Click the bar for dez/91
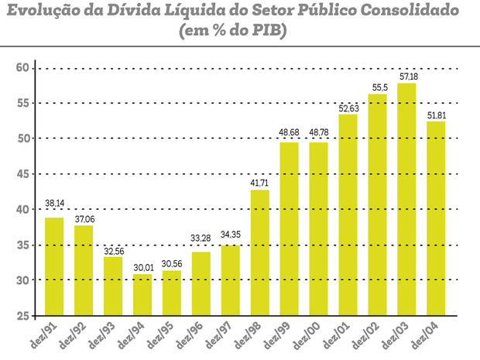tap(54, 266)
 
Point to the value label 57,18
tap(406, 77)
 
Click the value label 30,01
tap(142, 268)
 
